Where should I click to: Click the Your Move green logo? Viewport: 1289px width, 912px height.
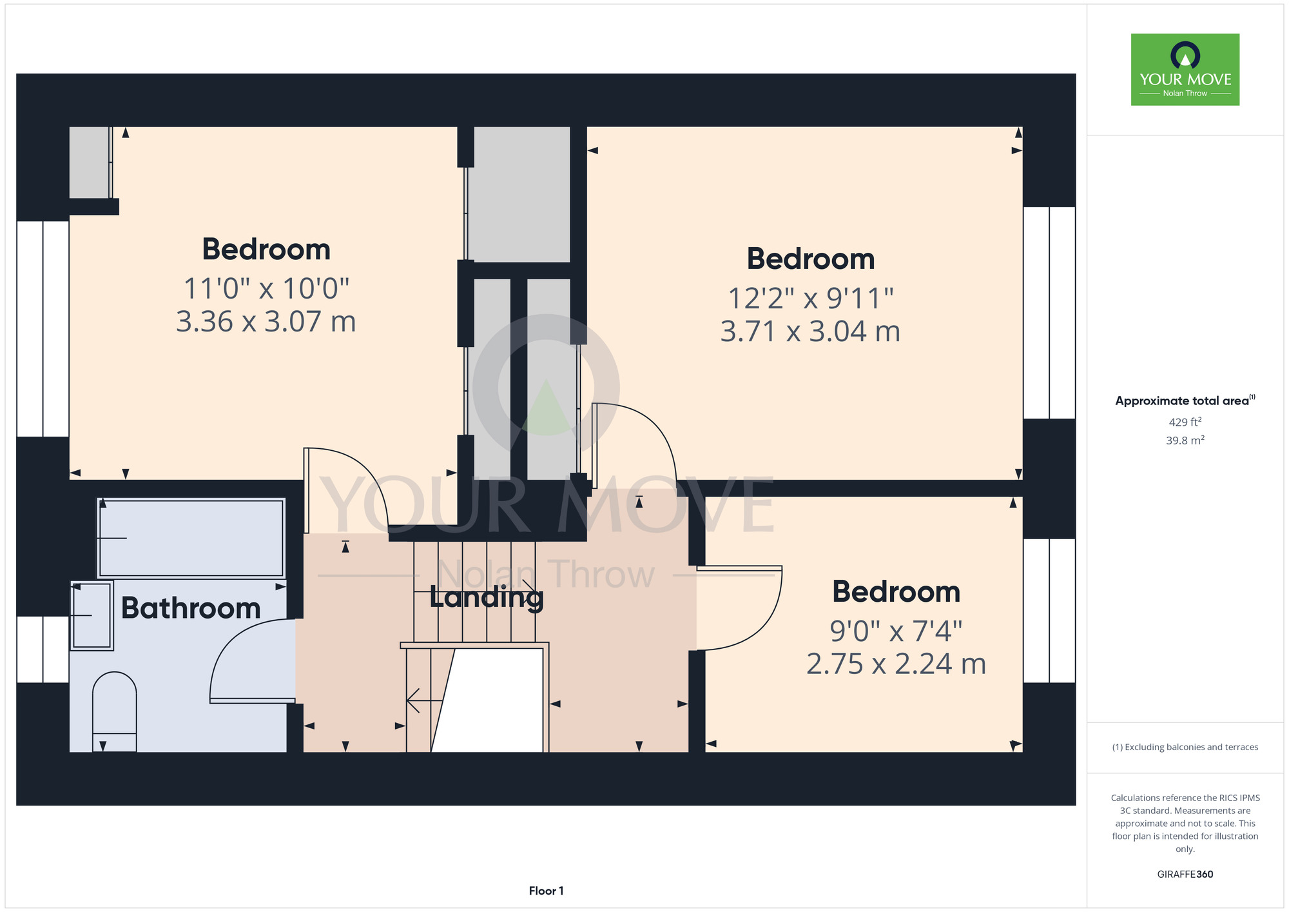point(1185,70)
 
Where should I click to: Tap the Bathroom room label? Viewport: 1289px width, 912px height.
point(191,608)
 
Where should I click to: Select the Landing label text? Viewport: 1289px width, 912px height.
point(487,598)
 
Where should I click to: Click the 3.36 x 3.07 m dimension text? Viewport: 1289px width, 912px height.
point(266,321)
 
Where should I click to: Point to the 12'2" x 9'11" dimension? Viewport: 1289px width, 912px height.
point(811,298)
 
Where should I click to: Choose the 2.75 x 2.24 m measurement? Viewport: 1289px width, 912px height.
point(896,664)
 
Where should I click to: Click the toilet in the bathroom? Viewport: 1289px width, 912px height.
point(115,711)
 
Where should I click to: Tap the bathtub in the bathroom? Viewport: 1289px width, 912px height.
point(191,538)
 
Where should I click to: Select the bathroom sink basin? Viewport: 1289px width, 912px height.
point(92,615)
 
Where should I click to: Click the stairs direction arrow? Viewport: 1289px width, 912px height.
point(425,700)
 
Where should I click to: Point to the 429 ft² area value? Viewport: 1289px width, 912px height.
point(1185,422)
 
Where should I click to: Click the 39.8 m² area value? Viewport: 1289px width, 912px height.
point(1185,441)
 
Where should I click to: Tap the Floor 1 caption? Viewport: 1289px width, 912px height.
point(546,891)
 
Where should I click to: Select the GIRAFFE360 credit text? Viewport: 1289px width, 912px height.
point(1185,875)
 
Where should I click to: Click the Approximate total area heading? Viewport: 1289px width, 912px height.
point(1185,401)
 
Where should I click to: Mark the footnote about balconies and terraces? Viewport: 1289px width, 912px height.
point(1185,747)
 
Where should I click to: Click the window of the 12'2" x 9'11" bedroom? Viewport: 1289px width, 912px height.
point(1049,313)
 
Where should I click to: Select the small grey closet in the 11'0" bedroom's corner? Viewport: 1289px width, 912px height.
point(90,163)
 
